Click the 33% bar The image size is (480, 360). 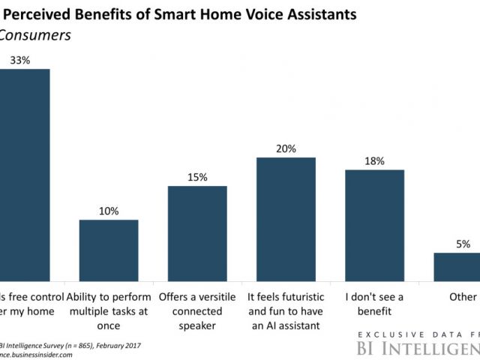tap(22, 172)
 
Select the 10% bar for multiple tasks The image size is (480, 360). tap(109, 248)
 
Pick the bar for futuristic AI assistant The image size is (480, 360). tap(286, 217)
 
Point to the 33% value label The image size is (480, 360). tap(19, 58)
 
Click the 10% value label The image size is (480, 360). tap(109, 211)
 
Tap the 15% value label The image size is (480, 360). tap(197, 176)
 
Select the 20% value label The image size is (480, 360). tap(286, 148)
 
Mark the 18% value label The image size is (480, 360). tap(374, 160)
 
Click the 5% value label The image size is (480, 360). tap(463, 244)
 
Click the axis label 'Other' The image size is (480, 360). tap(463, 296)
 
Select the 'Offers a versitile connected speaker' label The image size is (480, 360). tap(197, 308)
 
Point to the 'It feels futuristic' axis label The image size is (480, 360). tap(286, 296)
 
